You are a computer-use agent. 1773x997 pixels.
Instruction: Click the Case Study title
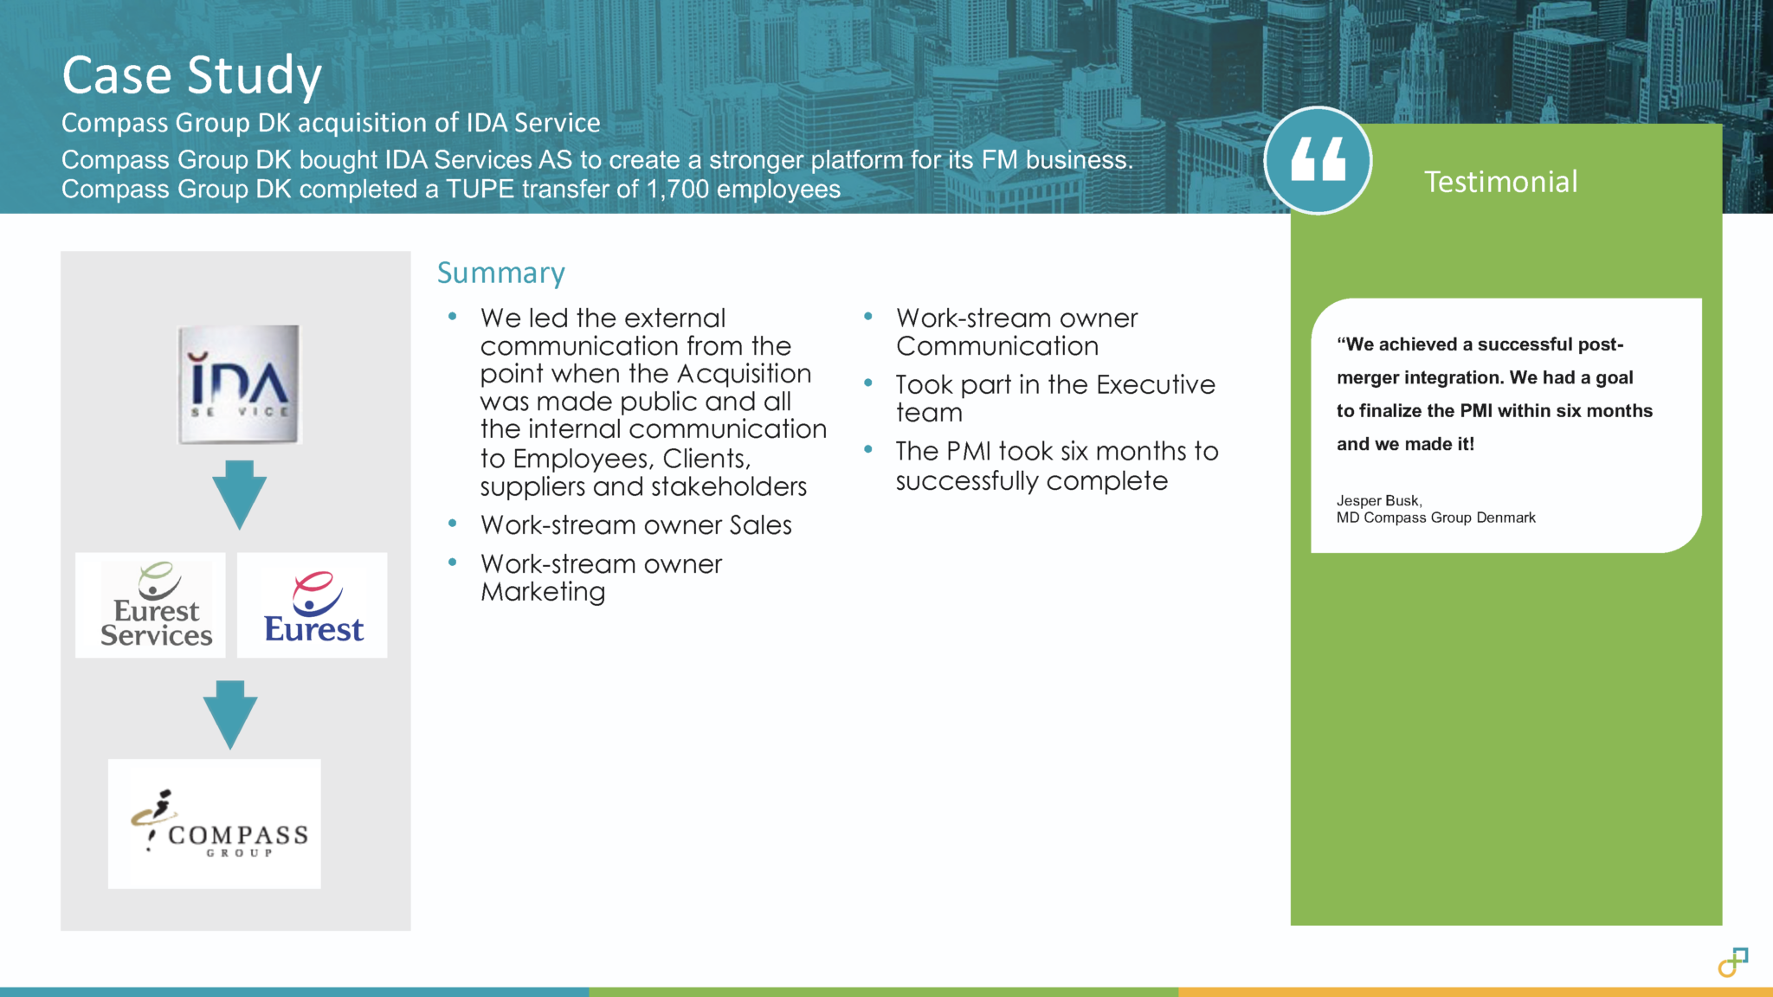click(191, 76)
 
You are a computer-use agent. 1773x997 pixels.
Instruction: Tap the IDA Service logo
click(239, 384)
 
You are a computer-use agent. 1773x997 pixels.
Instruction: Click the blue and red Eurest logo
click(313, 605)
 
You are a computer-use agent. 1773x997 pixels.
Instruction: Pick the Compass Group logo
click(215, 824)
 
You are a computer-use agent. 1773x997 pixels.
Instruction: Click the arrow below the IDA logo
click(239, 494)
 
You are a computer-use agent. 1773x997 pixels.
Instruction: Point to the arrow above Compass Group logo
click(230, 715)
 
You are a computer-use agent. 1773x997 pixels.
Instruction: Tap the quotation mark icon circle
click(1318, 161)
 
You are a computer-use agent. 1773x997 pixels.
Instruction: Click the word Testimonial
click(1501, 182)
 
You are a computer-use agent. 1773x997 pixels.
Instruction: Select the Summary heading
click(501, 273)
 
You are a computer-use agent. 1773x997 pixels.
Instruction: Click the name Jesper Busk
click(1378, 500)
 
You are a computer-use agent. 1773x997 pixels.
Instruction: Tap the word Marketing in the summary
click(543, 592)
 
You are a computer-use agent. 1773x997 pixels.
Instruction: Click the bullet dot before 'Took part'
click(867, 383)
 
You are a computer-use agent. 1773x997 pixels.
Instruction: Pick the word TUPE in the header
click(480, 189)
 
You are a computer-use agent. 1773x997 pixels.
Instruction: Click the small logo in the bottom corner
click(1733, 962)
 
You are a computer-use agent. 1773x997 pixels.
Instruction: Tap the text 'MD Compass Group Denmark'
click(1436, 518)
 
